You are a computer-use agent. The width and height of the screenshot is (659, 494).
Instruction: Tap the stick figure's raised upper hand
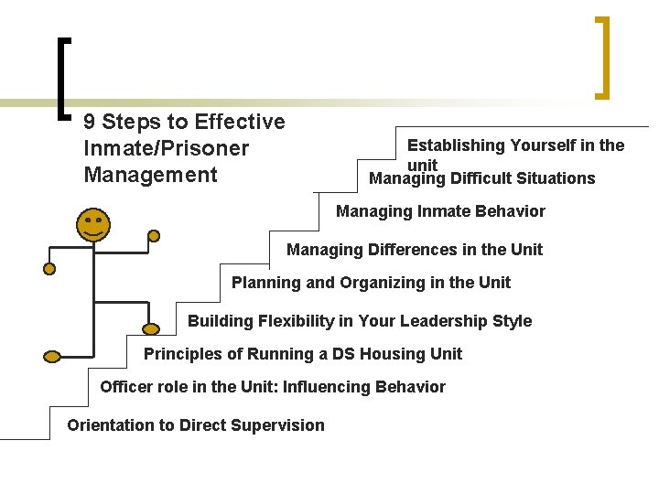point(154,235)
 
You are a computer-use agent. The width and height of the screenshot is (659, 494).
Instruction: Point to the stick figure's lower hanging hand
point(49,269)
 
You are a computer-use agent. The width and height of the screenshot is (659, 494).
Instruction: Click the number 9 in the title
point(89,122)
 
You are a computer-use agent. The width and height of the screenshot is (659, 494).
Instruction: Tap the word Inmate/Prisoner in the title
point(166,148)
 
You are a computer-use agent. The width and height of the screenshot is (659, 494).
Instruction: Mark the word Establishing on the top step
point(456,145)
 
